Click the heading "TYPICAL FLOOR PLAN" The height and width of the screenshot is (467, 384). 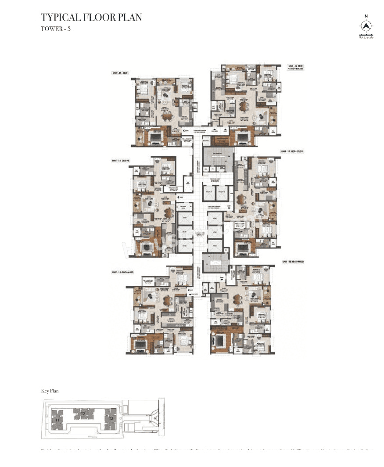pyautogui.click(x=91, y=18)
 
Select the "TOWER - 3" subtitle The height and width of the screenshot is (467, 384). pyautogui.click(x=55, y=29)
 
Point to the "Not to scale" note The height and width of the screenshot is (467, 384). pyautogui.click(x=366, y=37)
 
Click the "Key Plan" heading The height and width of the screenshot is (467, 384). pyautogui.click(x=50, y=390)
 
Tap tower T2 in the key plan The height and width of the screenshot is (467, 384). pyautogui.click(x=83, y=413)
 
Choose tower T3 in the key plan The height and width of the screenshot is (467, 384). pyautogui.click(x=111, y=418)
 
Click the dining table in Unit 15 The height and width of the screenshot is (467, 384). pyautogui.click(x=167, y=116)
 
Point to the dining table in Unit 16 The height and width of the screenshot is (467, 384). pyautogui.click(x=242, y=106)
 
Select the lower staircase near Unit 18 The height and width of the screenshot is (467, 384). pyautogui.click(x=215, y=262)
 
